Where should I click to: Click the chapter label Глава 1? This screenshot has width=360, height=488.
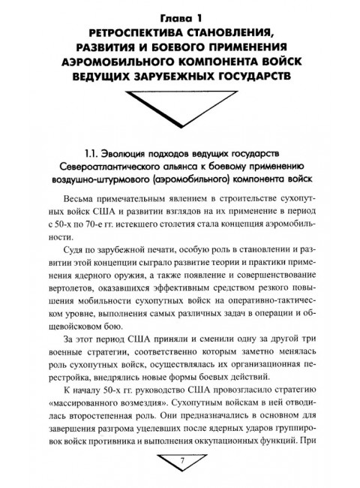coord(181,14)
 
